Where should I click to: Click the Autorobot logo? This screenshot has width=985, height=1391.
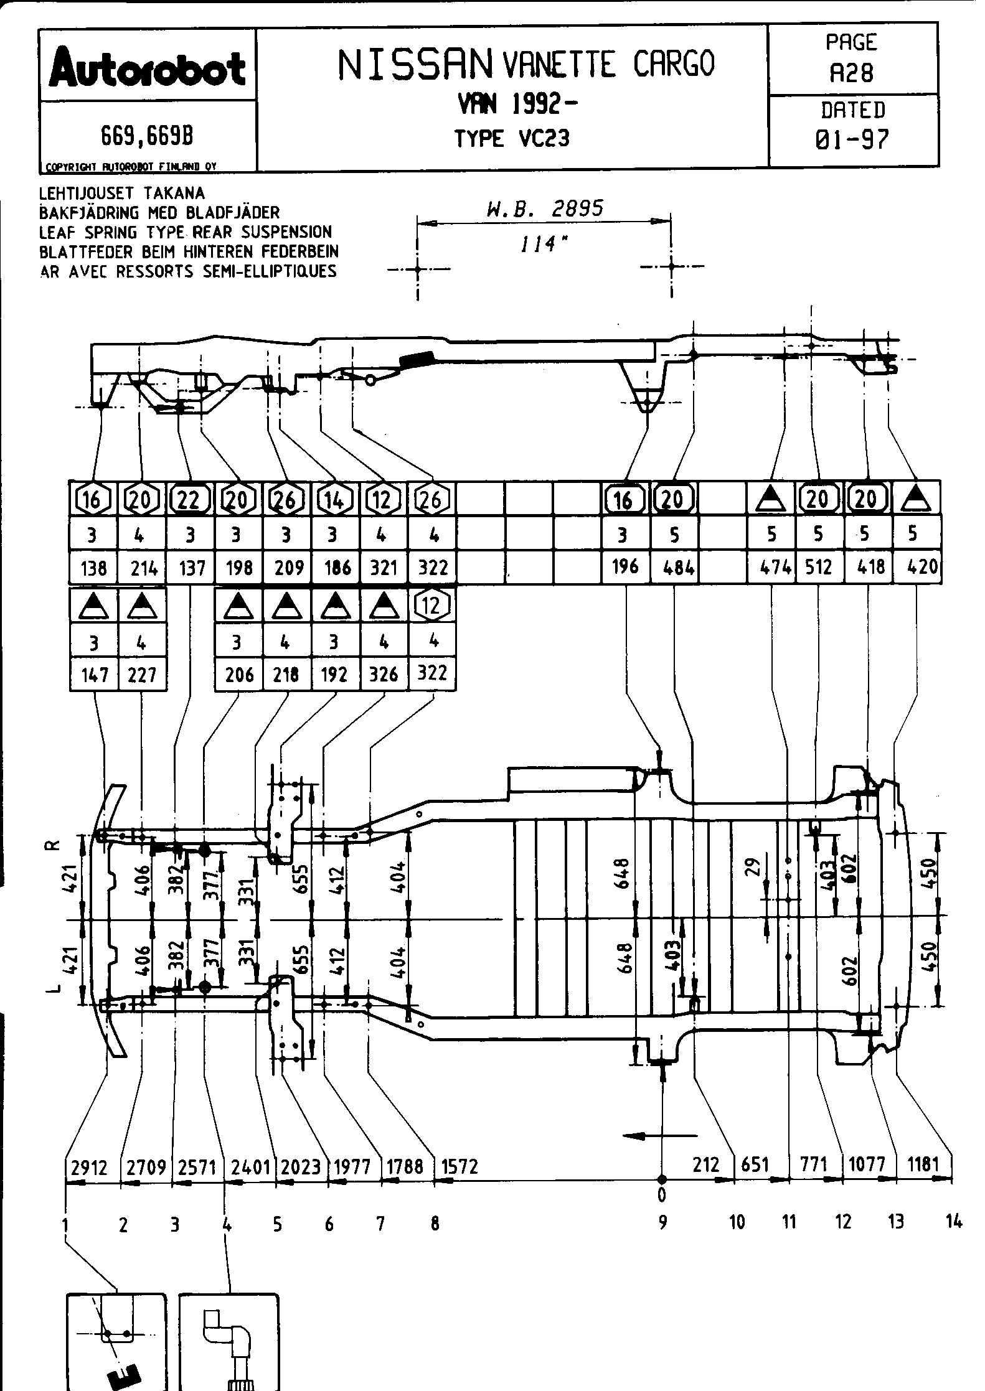pos(148,68)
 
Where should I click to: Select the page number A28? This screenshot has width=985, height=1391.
pos(852,73)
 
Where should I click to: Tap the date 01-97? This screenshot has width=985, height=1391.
pos(852,139)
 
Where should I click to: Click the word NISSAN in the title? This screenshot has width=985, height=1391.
pos(414,65)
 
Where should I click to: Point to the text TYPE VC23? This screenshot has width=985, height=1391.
pos(512,138)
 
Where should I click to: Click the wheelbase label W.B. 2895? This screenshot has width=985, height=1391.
pos(544,208)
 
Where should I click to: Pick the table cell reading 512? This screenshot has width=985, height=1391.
pos(818,567)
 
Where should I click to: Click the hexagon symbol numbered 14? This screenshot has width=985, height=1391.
pos(335,499)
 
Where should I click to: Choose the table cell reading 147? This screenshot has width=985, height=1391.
pos(93,675)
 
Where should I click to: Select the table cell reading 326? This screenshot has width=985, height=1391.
pos(384,675)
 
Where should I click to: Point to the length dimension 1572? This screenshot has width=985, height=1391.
pos(460,1166)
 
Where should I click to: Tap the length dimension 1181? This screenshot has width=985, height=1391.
pos(923,1165)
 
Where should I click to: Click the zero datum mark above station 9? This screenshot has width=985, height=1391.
pos(662,1194)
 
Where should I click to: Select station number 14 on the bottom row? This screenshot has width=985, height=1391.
pos(953,1222)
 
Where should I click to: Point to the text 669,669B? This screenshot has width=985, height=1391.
pos(148,136)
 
